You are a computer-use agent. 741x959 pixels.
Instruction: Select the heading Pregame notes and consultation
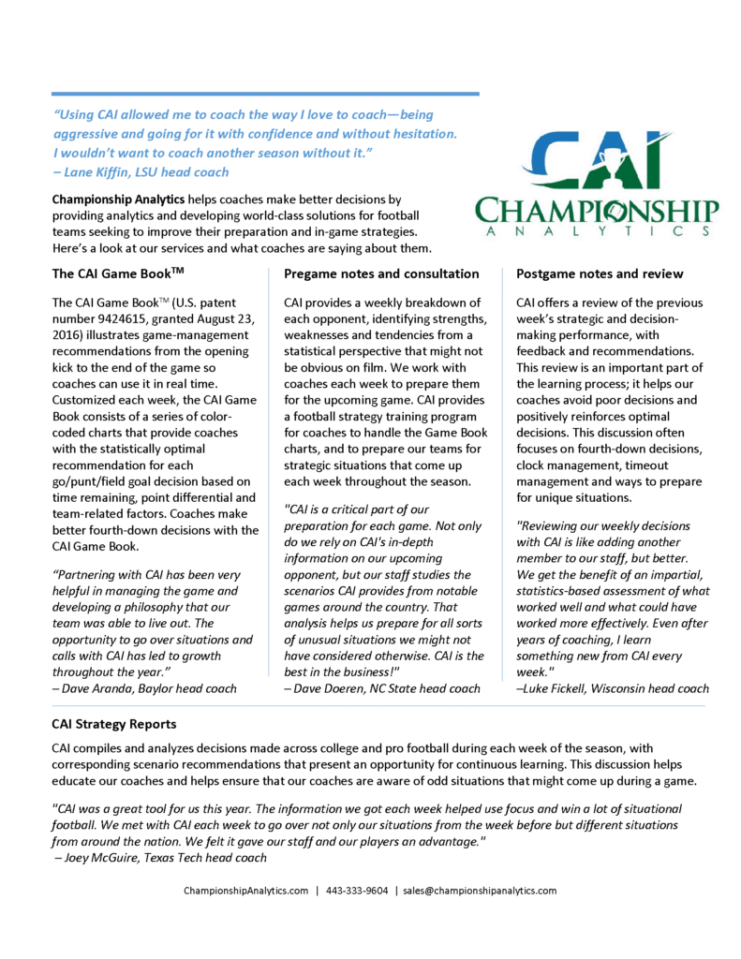point(381,273)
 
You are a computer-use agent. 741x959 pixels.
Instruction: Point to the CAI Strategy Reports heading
point(113,724)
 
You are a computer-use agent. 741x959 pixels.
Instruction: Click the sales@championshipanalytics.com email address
point(480,891)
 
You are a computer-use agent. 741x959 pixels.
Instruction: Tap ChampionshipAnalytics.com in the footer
point(245,891)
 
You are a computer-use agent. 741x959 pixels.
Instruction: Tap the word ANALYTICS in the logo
point(597,231)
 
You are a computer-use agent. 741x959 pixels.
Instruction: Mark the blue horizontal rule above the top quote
point(265,94)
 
